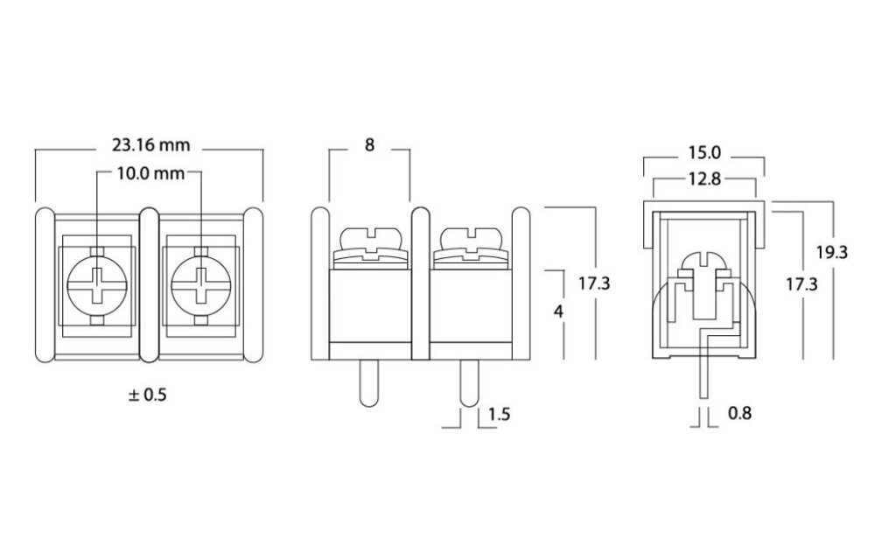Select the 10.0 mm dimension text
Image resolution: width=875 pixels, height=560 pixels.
point(150,173)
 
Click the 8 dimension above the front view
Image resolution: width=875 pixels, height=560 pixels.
point(369,145)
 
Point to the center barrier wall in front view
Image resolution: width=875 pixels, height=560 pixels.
point(419,284)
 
